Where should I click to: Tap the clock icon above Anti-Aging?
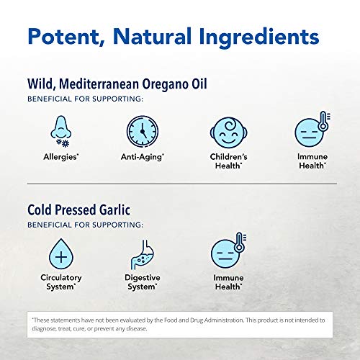click(x=143, y=131)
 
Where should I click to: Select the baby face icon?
click(x=228, y=132)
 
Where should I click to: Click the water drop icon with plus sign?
click(x=61, y=254)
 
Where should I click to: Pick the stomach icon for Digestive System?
click(x=142, y=254)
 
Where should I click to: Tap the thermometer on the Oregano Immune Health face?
click(x=324, y=121)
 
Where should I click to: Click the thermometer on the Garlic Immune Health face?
click(x=240, y=243)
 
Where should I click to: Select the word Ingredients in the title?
click(x=259, y=38)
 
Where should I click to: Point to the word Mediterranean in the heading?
click(x=99, y=84)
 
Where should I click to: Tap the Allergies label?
click(x=61, y=157)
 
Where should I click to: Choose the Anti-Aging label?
click(x=143, y=157)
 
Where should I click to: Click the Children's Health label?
click(x=228, y=161)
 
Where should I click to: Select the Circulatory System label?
click(x=61, y=282)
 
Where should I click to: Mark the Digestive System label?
click(x=143, y=282)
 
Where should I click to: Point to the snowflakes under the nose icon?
click(x=63, y=143)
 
